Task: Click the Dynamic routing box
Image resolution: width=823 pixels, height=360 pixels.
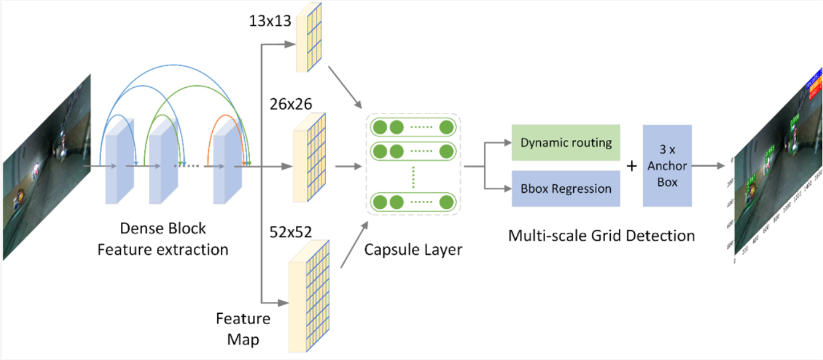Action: (566, 142)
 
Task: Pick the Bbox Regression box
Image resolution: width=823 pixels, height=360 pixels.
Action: (566, 189)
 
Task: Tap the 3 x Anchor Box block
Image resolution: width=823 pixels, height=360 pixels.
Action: (667, 165)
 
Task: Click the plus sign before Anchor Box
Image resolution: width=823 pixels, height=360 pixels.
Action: (631, 166)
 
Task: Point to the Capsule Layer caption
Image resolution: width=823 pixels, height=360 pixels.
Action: (413, 249)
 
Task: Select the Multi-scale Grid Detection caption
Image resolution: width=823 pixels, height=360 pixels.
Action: (602, 235)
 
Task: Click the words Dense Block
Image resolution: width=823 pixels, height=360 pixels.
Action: (163, 229)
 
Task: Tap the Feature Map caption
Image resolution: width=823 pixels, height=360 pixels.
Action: (243, 329)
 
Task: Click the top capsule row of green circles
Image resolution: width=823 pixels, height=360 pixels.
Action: (413, 127)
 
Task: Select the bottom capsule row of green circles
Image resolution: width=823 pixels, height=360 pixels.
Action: (413, 201)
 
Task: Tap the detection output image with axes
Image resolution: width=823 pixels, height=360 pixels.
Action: (777, 165)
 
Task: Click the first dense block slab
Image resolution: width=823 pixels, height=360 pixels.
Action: (119, 161)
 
